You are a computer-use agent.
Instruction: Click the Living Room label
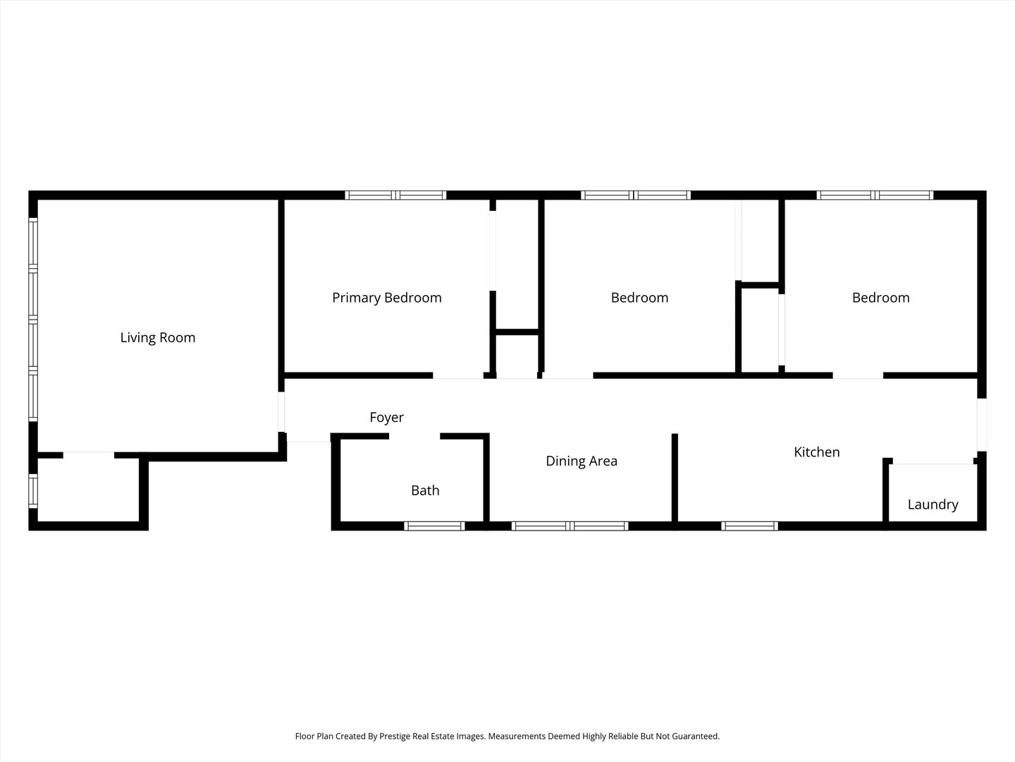tap(158, 338)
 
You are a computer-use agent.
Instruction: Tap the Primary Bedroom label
tap(386, 298)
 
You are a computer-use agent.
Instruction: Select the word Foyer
tap(386, 418)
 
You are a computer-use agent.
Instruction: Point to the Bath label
tap(425, 490)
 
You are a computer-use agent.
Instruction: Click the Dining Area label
tap(582, 461)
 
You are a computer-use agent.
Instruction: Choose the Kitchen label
tap(817, 452)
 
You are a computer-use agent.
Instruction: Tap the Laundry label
tap(933, 504)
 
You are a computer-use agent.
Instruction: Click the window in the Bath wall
tap(434, 526)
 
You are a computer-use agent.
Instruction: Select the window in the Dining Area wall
tap(570, 526)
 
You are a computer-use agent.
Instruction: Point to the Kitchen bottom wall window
tap(749, 526)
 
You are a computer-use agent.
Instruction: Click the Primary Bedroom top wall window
tap(395, 195)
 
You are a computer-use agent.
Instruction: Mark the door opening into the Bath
tap(414, 436)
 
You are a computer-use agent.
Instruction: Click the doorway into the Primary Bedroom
tap(458, 375)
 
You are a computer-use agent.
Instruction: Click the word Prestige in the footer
tap(395, 736)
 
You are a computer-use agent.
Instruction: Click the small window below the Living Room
tap(33, 491)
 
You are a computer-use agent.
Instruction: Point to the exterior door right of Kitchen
tap(981, 425)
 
